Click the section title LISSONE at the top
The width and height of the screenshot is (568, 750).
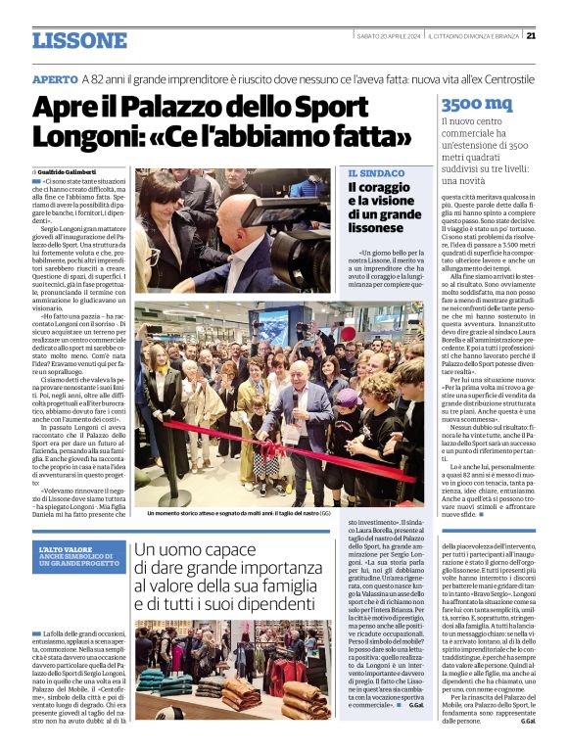(x=78, y=40)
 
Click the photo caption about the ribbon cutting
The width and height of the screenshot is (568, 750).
(x=238, y=512)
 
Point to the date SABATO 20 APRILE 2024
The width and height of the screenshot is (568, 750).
(x=388, y=35)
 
